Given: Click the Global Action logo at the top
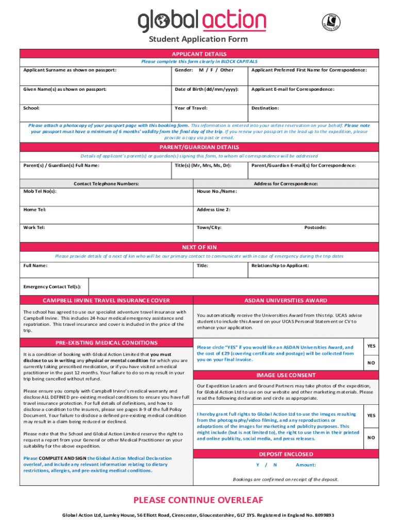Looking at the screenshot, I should coord(202,21).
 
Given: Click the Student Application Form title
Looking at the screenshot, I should coord(198,39).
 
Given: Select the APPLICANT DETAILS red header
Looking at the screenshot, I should coord(198,54).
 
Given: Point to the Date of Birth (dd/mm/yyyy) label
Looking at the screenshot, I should coord(207,89).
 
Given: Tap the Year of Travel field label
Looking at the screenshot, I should coord(191,108).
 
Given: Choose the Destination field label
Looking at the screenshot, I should coord(265,108).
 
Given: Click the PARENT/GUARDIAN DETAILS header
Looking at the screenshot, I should coord(198,147).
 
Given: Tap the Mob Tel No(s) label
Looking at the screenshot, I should coord(40,191).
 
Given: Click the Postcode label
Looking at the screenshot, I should coord(315,227).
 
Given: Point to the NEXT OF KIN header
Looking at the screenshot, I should coord(198,247).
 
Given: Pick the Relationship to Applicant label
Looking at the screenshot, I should coord(280,266).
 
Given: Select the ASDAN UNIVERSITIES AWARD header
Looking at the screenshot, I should coord(285,301).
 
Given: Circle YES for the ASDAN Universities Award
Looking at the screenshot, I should coord(371,346).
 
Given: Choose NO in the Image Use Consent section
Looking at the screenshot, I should coord(371,437).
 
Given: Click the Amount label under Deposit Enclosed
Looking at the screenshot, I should coord(306,465).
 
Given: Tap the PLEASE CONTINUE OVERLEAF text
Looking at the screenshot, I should coord(198,500).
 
